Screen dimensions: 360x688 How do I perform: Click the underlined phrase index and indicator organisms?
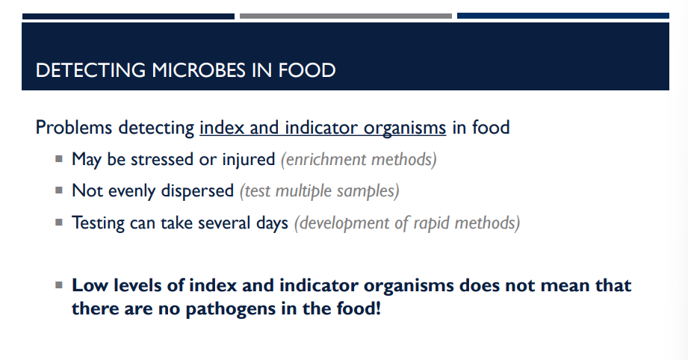(323, 128)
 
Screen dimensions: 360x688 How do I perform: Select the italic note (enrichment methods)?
(358, 159)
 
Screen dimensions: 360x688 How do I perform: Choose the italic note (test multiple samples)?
(319, 191)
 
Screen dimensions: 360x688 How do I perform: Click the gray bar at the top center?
(345, 16)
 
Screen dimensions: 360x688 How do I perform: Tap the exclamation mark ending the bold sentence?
(378, 308)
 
